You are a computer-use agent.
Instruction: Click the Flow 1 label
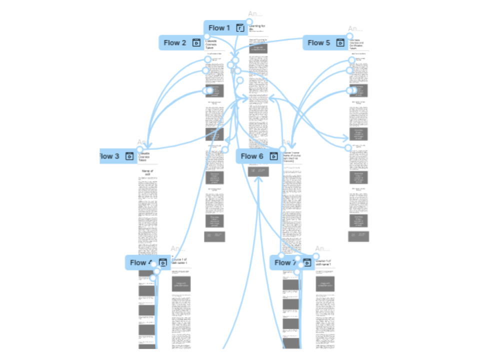tap(219, 28)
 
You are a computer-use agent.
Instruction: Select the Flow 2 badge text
tap(174, 43)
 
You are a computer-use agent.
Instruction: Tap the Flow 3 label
tap(109, 156)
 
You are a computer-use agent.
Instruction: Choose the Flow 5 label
tap(318, 43)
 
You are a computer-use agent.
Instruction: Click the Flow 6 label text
tap(251, 156)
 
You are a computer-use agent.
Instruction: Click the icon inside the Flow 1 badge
tap(240, 28)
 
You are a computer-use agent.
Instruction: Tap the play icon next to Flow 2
tap(196, 43)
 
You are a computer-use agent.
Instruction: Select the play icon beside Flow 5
tap(340, 43)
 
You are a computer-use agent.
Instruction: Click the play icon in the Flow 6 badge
tap(273, 156)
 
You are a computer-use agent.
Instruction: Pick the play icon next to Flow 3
tap(129, 156)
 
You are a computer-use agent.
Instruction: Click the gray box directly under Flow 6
tap(258, 171)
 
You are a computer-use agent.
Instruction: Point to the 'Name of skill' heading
tap(147, 173)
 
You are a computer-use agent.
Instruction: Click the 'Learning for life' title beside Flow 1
tap(258, 27)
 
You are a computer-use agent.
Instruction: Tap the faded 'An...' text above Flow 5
tap(355, 29)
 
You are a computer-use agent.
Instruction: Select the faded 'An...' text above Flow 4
tap(178, 248)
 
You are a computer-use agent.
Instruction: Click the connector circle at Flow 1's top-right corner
tap(248, 22)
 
